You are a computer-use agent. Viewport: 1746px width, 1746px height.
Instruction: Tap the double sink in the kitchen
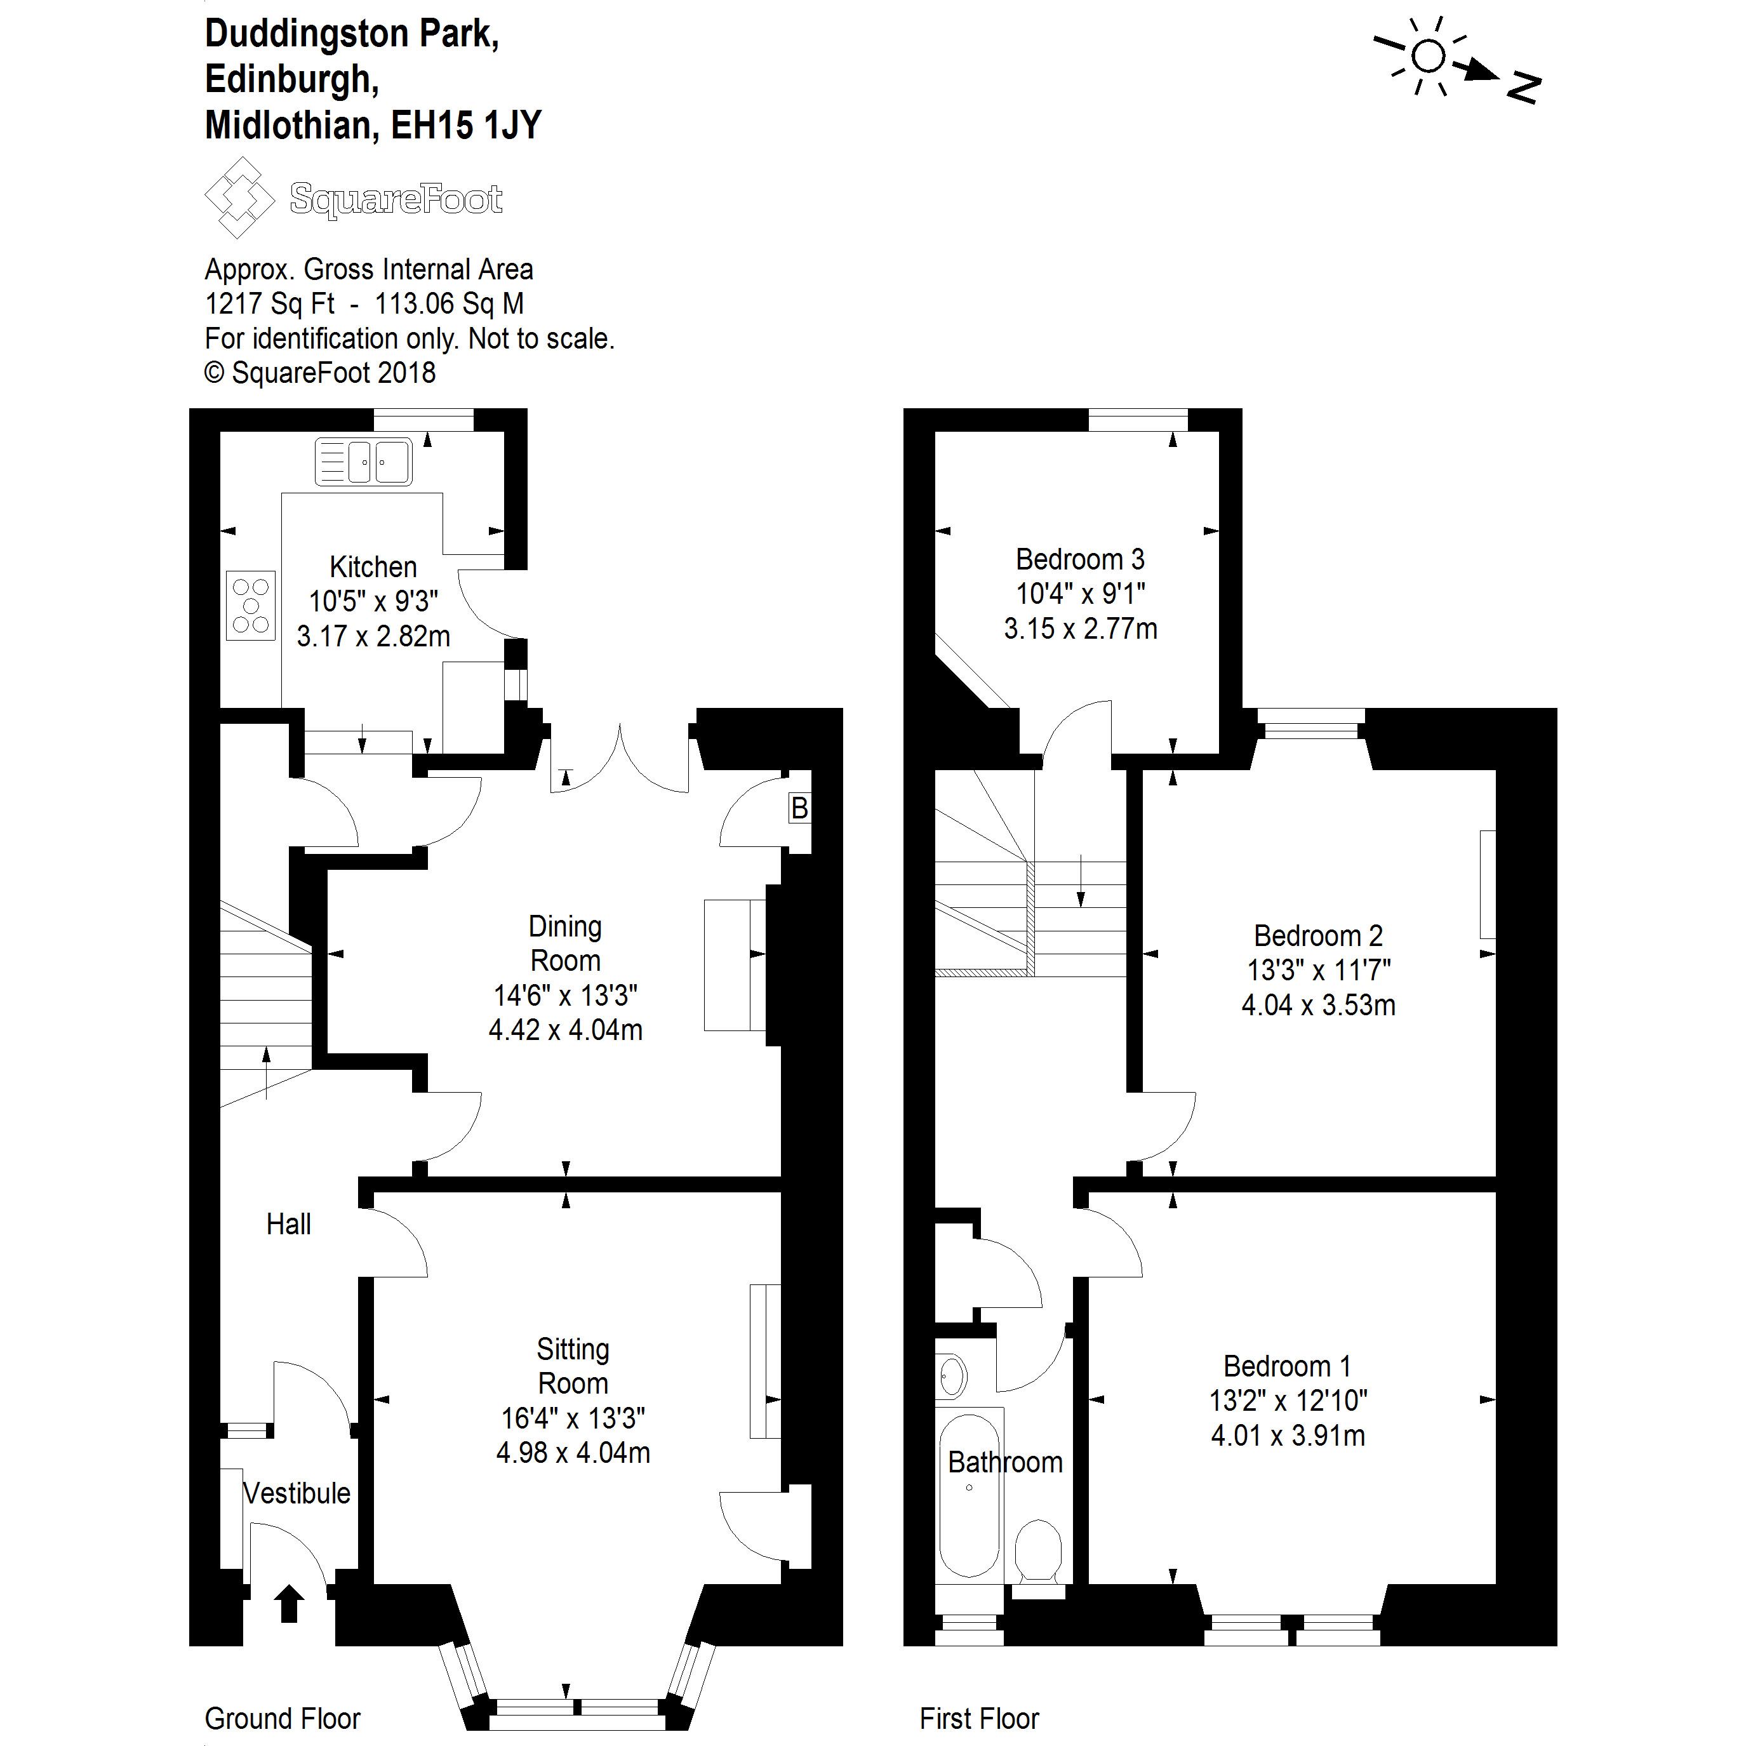(363, 462)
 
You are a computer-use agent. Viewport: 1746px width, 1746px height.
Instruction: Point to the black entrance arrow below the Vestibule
(288, 1629)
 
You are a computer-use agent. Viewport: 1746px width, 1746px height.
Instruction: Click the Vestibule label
(297, 1493)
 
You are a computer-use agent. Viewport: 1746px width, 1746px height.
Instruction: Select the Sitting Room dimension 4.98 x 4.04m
(573, 1452)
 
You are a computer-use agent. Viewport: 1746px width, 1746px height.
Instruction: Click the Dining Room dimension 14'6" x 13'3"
(565, 995)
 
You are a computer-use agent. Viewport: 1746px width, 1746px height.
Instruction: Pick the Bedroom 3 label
(1080, 559)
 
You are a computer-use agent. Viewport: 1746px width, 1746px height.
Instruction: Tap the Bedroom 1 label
(1287, 1366)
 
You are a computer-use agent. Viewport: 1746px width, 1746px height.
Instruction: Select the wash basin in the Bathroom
(952, 1377)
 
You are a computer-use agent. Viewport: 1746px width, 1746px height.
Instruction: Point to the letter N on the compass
(1524, 87)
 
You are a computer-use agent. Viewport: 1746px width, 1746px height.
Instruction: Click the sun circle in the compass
(1427, 56)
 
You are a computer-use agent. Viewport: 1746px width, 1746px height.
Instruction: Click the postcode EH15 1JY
(465, 124)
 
